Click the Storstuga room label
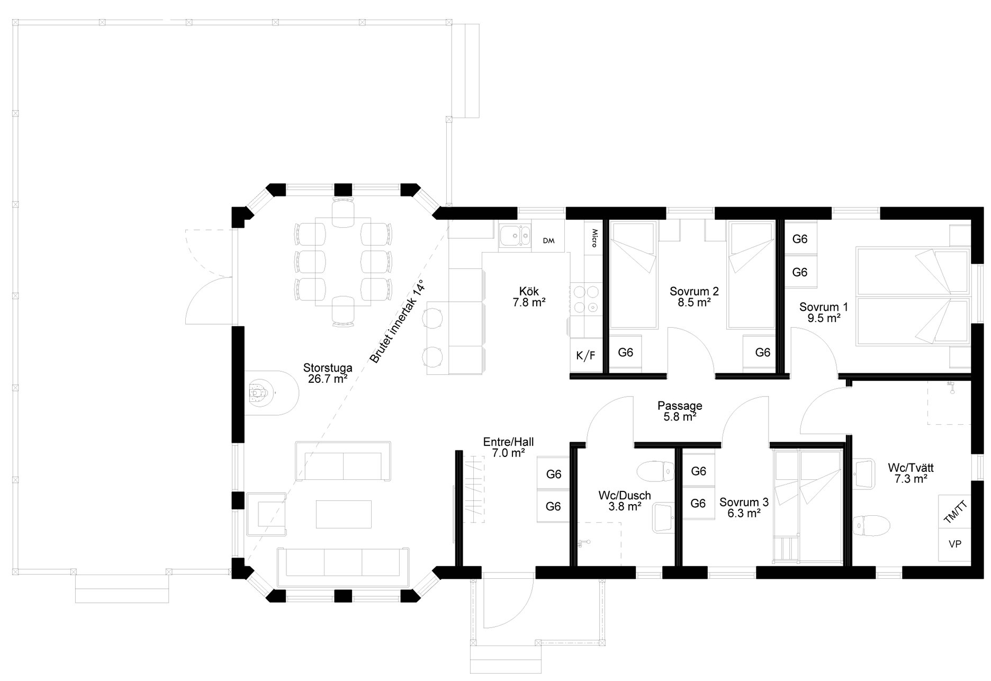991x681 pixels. point(328,373)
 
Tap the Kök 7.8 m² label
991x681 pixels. point(529,297)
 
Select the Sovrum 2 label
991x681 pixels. point(694,297)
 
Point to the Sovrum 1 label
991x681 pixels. point(824,312)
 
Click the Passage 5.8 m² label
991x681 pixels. point(680,411)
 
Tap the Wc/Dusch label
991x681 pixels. point(625,501)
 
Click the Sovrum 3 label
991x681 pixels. point(744,507)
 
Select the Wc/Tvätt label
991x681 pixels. point(911,473)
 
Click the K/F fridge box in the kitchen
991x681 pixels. point(585,355)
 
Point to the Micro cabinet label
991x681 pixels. point(594,238)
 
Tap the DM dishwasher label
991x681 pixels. point(548,241)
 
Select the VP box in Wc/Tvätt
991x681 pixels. point(955,544)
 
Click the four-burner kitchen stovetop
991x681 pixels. point(586,300)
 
